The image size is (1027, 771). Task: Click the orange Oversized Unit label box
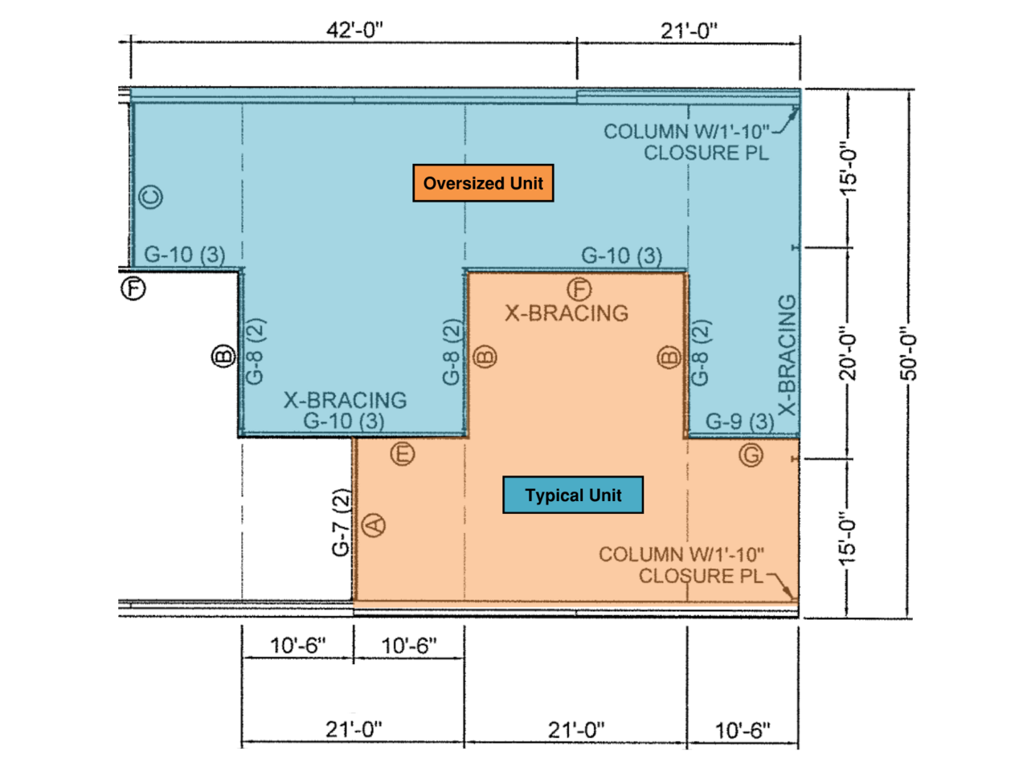coord(483,183)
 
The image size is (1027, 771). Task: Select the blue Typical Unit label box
coord(573,495)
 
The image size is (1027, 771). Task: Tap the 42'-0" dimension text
coord(354,30)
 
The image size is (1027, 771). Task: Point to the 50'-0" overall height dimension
coord(908,353)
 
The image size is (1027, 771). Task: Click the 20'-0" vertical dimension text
coord(847,353)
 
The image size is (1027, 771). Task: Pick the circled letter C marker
coord(150,197)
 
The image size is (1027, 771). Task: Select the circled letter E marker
coord(403,454)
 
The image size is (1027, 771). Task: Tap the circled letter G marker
coord(751,455)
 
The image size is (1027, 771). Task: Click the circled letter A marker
coord(374,525)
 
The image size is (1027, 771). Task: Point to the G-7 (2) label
coord(341,522)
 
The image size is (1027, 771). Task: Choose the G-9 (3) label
coord(740,422)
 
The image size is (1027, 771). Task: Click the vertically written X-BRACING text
coord(788,355)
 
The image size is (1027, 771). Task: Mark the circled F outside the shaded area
coord(133,288)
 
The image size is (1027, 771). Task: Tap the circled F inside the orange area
coord(579,289)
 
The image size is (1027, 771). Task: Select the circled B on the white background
coord(223,357)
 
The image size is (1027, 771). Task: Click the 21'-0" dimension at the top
coord(689,31)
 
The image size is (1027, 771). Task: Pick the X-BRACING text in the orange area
coord(567,313)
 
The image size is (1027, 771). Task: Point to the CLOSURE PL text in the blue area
coord(706,153)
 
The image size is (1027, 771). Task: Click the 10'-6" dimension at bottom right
coord(743,730)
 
